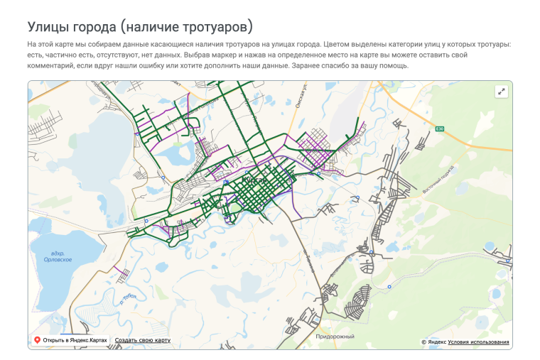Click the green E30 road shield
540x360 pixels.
(440, 129)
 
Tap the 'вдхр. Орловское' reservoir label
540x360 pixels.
(58, 257)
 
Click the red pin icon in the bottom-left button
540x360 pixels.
(37, 340)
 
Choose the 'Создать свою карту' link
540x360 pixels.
(143, 340)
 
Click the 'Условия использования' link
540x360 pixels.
(478, 342)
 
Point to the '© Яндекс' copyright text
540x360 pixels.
(433, 342)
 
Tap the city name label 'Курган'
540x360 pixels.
(255, 181)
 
